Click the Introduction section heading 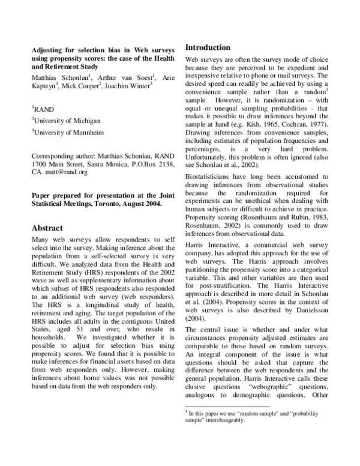[x=207, y=47]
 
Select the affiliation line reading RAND [x=44, y=110]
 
